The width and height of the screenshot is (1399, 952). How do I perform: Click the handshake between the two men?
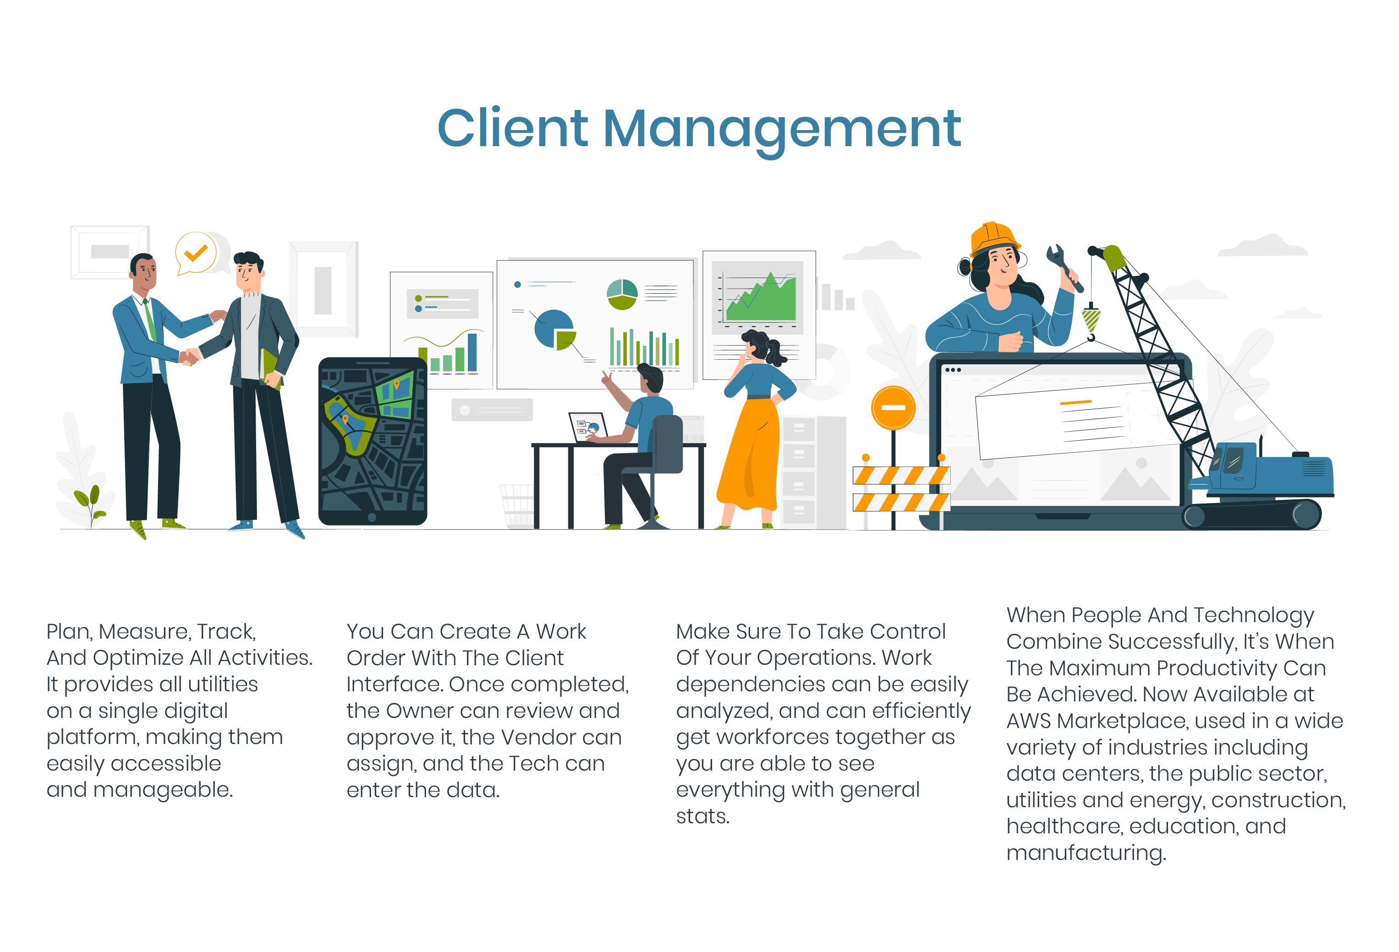tap(190, 356)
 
